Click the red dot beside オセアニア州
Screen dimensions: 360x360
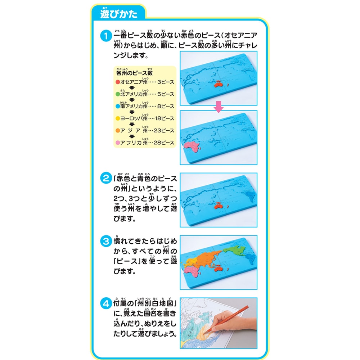coord(117,82)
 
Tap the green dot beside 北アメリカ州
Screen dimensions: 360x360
coord(117,94)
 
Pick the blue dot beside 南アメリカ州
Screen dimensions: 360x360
coord(117,107)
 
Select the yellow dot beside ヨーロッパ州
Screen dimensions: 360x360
coord(117,118)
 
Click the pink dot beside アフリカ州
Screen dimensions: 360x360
coord(117,143)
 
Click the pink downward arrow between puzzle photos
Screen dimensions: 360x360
coord(218,106)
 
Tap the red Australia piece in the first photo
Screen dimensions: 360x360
coord(220,85)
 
